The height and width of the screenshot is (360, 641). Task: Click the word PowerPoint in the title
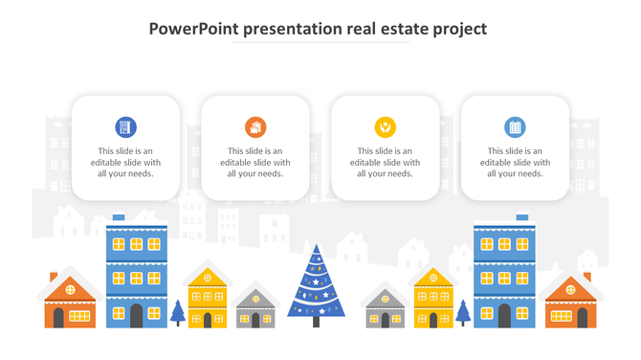click(194, 29)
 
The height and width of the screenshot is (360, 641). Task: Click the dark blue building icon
click(125, 126)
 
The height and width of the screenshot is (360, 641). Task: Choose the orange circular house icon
click(255, 126)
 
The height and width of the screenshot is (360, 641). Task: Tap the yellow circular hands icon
click(385, 126)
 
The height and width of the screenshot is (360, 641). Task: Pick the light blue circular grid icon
click(515, 126)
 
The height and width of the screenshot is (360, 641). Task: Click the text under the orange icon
click(255, 162)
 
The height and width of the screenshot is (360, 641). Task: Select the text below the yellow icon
click(385, 162)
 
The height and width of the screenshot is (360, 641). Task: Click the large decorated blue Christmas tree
click(317, 282)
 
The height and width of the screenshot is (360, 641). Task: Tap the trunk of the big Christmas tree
click(317, 322)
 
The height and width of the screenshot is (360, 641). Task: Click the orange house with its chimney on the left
click(70, 302)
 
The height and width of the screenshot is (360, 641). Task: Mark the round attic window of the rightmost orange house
click(571, 286)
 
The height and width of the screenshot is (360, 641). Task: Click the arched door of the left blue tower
click(136, 316)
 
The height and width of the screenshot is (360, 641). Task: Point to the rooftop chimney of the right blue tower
click(521, 217)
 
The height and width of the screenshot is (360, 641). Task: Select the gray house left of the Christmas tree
click(255, 307)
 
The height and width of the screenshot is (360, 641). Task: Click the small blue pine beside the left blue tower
click(177, 312)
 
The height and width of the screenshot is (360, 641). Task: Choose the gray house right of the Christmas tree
click(385, 307)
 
